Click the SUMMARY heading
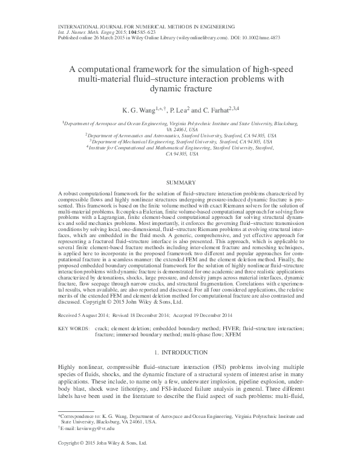pos(180,182)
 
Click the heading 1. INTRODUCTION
pos(180,351)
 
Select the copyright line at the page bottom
pos(102,460)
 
